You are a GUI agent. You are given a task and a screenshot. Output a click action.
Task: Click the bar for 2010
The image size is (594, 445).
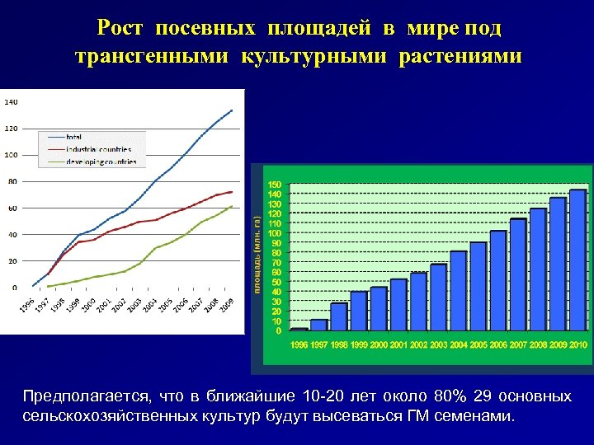(x=577, y=260)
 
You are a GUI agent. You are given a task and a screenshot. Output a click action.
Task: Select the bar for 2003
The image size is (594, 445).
(x=438, y=297)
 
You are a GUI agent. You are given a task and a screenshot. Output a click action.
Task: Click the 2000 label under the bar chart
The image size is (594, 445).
(x=379, y=344)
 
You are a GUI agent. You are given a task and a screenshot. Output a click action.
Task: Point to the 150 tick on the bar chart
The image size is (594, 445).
(x=274, y=184)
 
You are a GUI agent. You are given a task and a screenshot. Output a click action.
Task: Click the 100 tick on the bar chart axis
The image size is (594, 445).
(x=274, y=233)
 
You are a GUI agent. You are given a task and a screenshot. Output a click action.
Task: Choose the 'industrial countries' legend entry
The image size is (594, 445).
(x=98, y=149)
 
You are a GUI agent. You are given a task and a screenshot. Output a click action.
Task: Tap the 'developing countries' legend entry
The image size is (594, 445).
(x=101, y=162)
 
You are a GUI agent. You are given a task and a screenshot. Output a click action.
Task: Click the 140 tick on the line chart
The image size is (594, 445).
(x=11, y=102)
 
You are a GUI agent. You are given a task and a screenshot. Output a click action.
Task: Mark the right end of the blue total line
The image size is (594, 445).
(x=233, y=110)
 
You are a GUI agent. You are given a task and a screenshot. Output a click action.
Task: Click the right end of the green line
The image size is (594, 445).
(x=233, y=206)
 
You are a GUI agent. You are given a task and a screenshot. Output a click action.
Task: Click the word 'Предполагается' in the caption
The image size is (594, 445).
(x=83, y=396)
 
